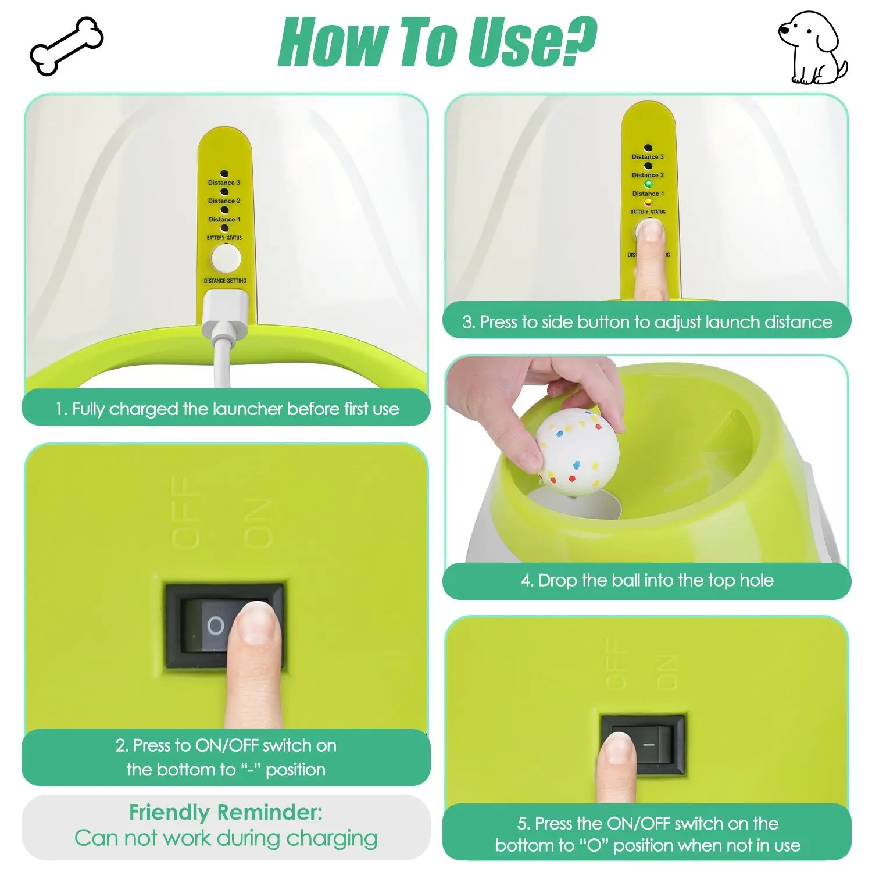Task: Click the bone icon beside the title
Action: click(66, 45)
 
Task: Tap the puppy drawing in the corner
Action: click(812, 48)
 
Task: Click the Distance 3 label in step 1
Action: click(224, 183)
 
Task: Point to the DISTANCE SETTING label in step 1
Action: click(225, 281)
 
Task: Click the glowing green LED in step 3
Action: click(648, 184)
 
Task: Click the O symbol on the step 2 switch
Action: click(216, 626)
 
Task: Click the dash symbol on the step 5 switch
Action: click(649, 745)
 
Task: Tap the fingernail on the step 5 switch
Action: click(617, 749)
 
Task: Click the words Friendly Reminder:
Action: click(226, 812)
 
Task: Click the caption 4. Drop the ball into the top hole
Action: click(647, 580)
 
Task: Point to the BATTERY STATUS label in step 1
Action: click(224, 238)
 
